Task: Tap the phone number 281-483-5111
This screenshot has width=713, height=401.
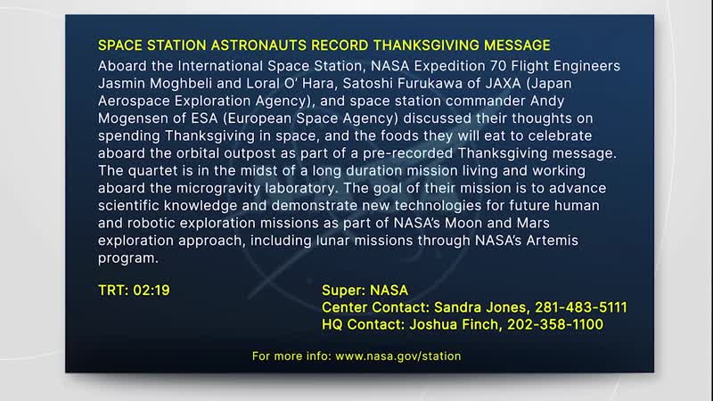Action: [x=575, y=307]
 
